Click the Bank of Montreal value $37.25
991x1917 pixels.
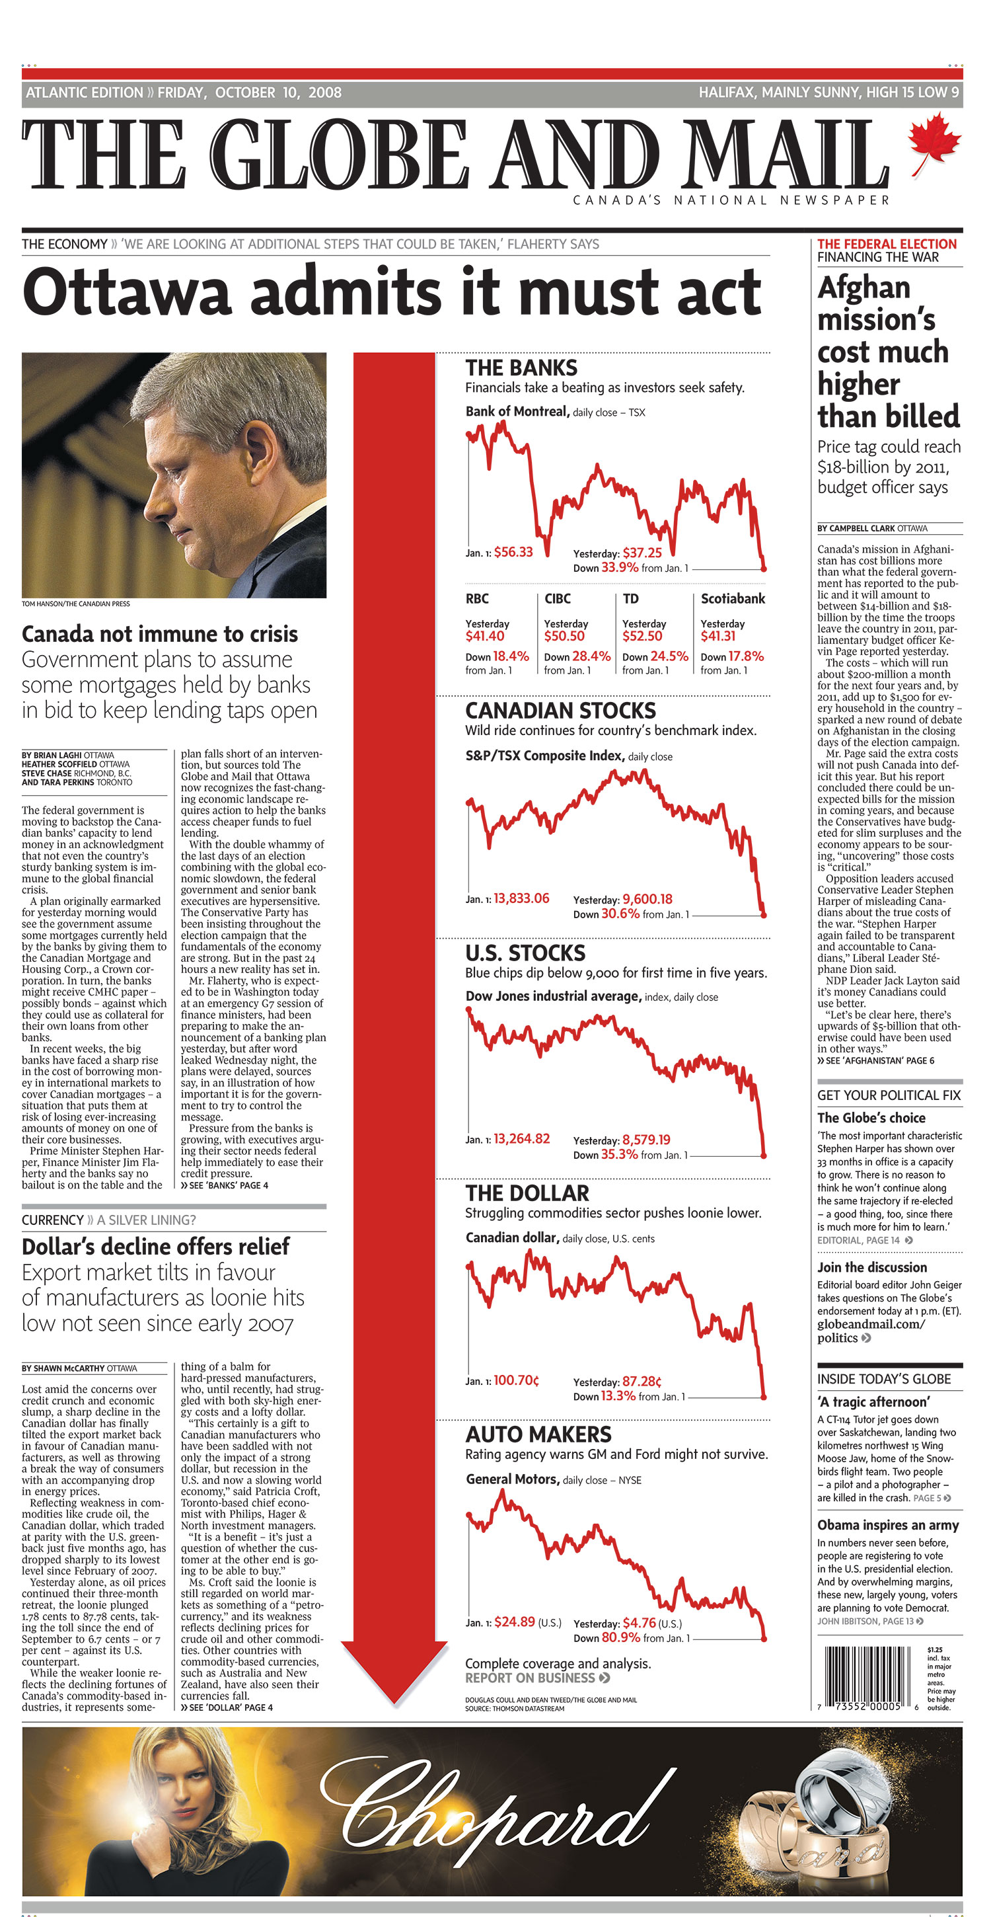[x=642, y=552]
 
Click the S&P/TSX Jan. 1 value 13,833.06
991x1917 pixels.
[x=521, y=898]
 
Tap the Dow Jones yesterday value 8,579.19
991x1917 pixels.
[x=645, y=1140]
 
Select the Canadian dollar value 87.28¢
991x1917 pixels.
[x=642, y=1380]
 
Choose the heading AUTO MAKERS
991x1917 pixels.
[x=538, y=1434]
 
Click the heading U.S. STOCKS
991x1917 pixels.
[x=525, y=953]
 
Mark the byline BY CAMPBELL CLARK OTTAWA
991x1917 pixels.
[x=871, y=528]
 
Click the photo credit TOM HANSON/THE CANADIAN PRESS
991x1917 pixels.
[x=75, y=604]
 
